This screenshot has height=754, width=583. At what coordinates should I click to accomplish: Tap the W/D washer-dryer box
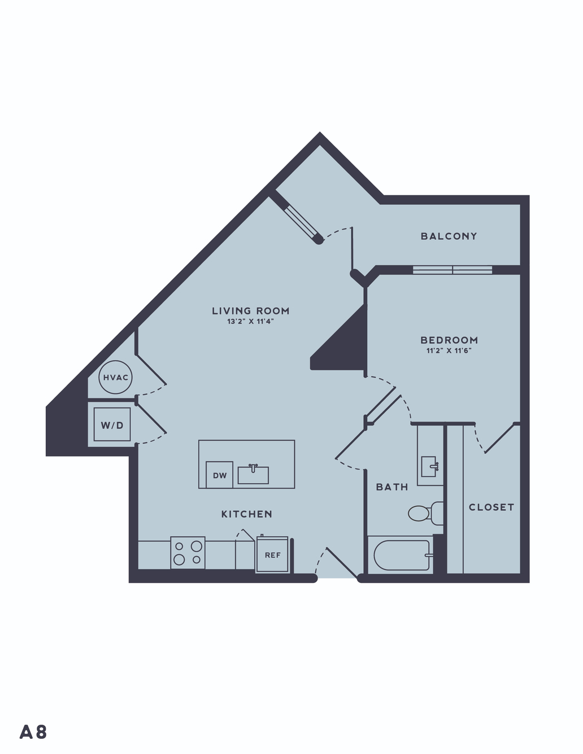(x=112, y=424)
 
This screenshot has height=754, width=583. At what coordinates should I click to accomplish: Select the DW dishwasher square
(x=219, y=475)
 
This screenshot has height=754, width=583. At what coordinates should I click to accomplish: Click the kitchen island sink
(x=253, y=474)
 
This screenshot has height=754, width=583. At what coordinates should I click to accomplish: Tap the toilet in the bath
(x=426, y=513)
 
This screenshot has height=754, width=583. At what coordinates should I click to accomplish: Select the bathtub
(x=401, y=555)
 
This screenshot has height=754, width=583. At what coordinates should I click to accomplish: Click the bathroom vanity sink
(x=429, y=466)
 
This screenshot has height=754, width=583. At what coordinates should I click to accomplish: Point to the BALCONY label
(x=449, y=236)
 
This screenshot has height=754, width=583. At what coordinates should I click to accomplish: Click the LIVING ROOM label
(x=251, y=311)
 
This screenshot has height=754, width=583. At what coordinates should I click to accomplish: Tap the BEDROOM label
(x=449, y=340)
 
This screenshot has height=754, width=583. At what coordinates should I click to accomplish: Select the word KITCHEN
(x=246, y=514)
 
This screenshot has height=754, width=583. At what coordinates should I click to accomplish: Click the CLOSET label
(x=491, y=507)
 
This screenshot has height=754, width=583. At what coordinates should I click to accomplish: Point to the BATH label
(x=392, y=487)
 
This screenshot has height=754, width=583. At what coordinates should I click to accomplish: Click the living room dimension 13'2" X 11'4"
(x=251, y=321)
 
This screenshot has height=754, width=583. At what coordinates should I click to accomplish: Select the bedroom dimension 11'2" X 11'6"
(x=449, y=350)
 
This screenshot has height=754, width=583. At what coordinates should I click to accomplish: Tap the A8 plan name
(x=33, y=732)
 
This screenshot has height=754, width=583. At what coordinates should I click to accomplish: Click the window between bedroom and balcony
(x=453, y=270)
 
